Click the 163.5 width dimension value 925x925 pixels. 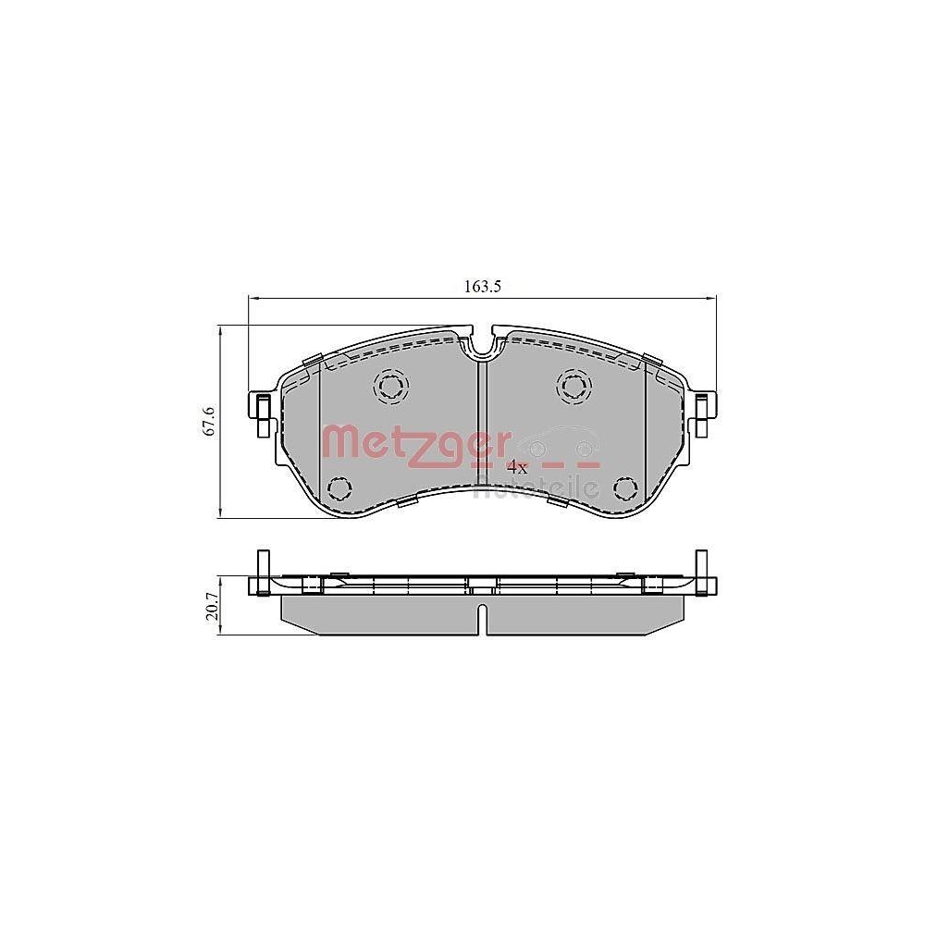coord(482,287)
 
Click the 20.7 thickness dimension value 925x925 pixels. coord(212,610)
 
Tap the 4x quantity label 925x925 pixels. coord(517,468)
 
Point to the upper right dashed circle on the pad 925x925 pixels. coord(573,385)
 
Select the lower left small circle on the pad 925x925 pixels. coord(339,487)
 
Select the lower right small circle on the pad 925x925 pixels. coord(625,487)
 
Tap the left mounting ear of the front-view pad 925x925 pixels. coord(262,412)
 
